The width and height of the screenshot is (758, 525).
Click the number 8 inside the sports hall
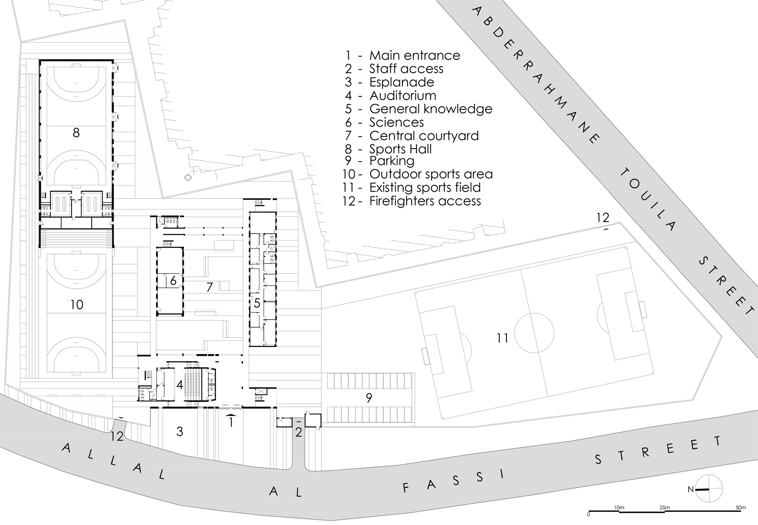pos(76,133)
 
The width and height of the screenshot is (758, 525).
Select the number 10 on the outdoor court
pos(77,304)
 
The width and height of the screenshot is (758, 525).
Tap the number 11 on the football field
pos(503,338)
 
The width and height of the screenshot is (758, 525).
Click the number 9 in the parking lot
pos(369,398)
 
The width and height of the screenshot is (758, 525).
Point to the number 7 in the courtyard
pos(210,287)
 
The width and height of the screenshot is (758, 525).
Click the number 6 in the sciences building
pos(173,281)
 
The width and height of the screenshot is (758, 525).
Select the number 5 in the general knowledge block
pos(257,303)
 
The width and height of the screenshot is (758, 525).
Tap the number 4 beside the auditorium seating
pos(180,385)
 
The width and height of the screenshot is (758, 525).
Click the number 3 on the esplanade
pos(180,431)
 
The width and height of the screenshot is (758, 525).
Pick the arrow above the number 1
pos(230,415)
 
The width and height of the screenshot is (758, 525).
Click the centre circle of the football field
pos(534,333)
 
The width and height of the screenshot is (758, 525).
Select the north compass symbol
pos(708,489)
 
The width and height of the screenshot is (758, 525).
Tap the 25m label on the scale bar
pos(664,507)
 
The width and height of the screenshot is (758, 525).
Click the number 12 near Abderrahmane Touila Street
pos(602,218)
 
